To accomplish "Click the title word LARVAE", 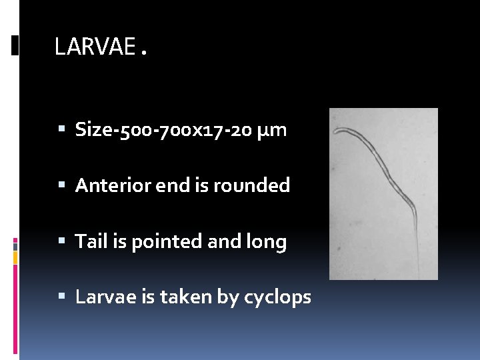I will [94, 47].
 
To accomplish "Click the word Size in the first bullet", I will [93, 129].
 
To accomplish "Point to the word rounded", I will [252, 185].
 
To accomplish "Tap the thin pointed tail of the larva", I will [417, 257].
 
